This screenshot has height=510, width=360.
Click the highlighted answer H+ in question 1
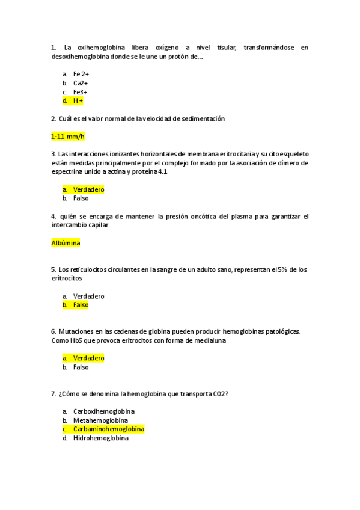pos(78,101)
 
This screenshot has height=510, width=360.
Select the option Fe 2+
pos(81,74)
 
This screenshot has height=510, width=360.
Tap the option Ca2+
pos(81,83)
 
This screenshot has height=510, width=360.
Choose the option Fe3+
pos(80,92)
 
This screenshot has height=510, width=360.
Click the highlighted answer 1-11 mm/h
pos(68,137)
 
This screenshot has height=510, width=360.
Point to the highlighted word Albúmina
pos(66,243)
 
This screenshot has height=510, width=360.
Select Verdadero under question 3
pos(88,189)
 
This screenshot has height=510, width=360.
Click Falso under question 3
pos(81,198)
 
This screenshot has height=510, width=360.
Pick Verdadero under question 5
pos(88,296)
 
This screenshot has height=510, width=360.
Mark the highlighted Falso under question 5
pos(81,305)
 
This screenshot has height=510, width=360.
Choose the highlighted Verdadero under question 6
pos(88,358)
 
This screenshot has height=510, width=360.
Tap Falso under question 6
pos(81,367)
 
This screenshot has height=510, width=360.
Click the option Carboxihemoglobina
pos(104,411)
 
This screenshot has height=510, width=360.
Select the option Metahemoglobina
pos(100,420)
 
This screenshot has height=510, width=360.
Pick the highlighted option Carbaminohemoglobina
pos(109,429)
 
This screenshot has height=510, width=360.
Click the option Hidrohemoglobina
pos(101,438)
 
